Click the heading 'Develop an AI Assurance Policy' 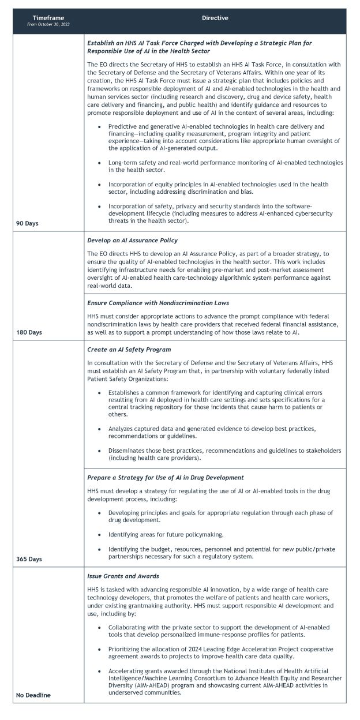tap(132, 240)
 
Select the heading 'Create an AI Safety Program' tap(129, 350)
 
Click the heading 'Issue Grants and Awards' tap(122, 576)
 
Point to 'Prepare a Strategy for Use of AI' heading tap(165, 478)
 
